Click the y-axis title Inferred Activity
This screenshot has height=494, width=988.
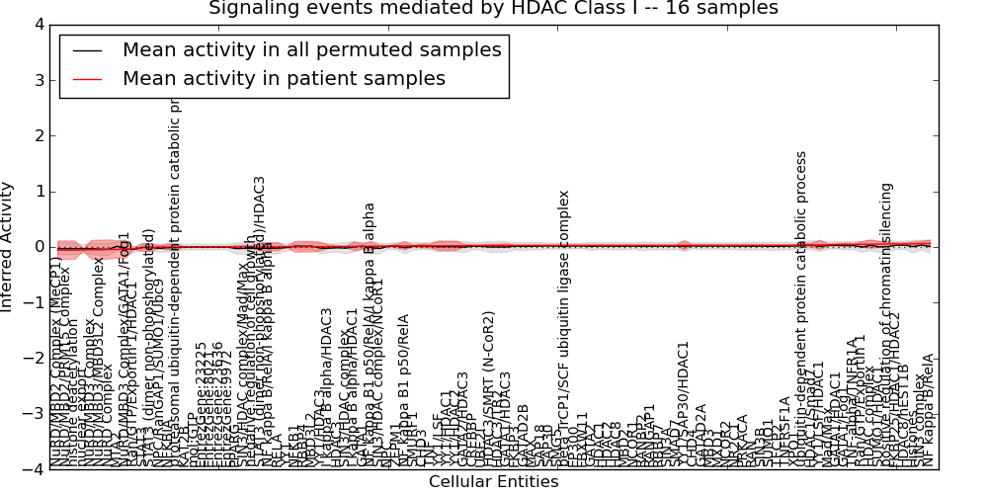(x=9, y=246)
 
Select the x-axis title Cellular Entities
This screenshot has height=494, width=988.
(x=493, y=482)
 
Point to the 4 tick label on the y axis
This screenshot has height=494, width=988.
(x=38, y=24)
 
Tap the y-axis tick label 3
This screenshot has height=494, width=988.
(x=38, y=79)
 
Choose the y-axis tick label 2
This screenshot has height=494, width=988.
(x=38, y=135)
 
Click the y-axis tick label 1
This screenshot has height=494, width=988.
(x=38, y=191)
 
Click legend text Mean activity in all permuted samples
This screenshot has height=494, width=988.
(x=311, y=49)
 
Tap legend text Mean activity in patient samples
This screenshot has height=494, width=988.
(x=284, y=78)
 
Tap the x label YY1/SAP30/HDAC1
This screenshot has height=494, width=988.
(x=683, y=400)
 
